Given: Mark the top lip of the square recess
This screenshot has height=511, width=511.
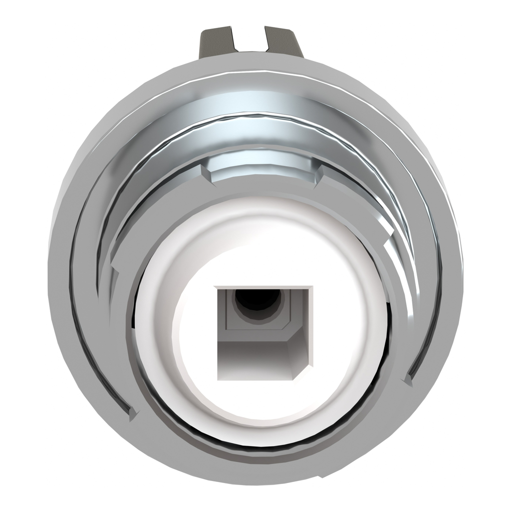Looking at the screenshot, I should click(263, 288).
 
